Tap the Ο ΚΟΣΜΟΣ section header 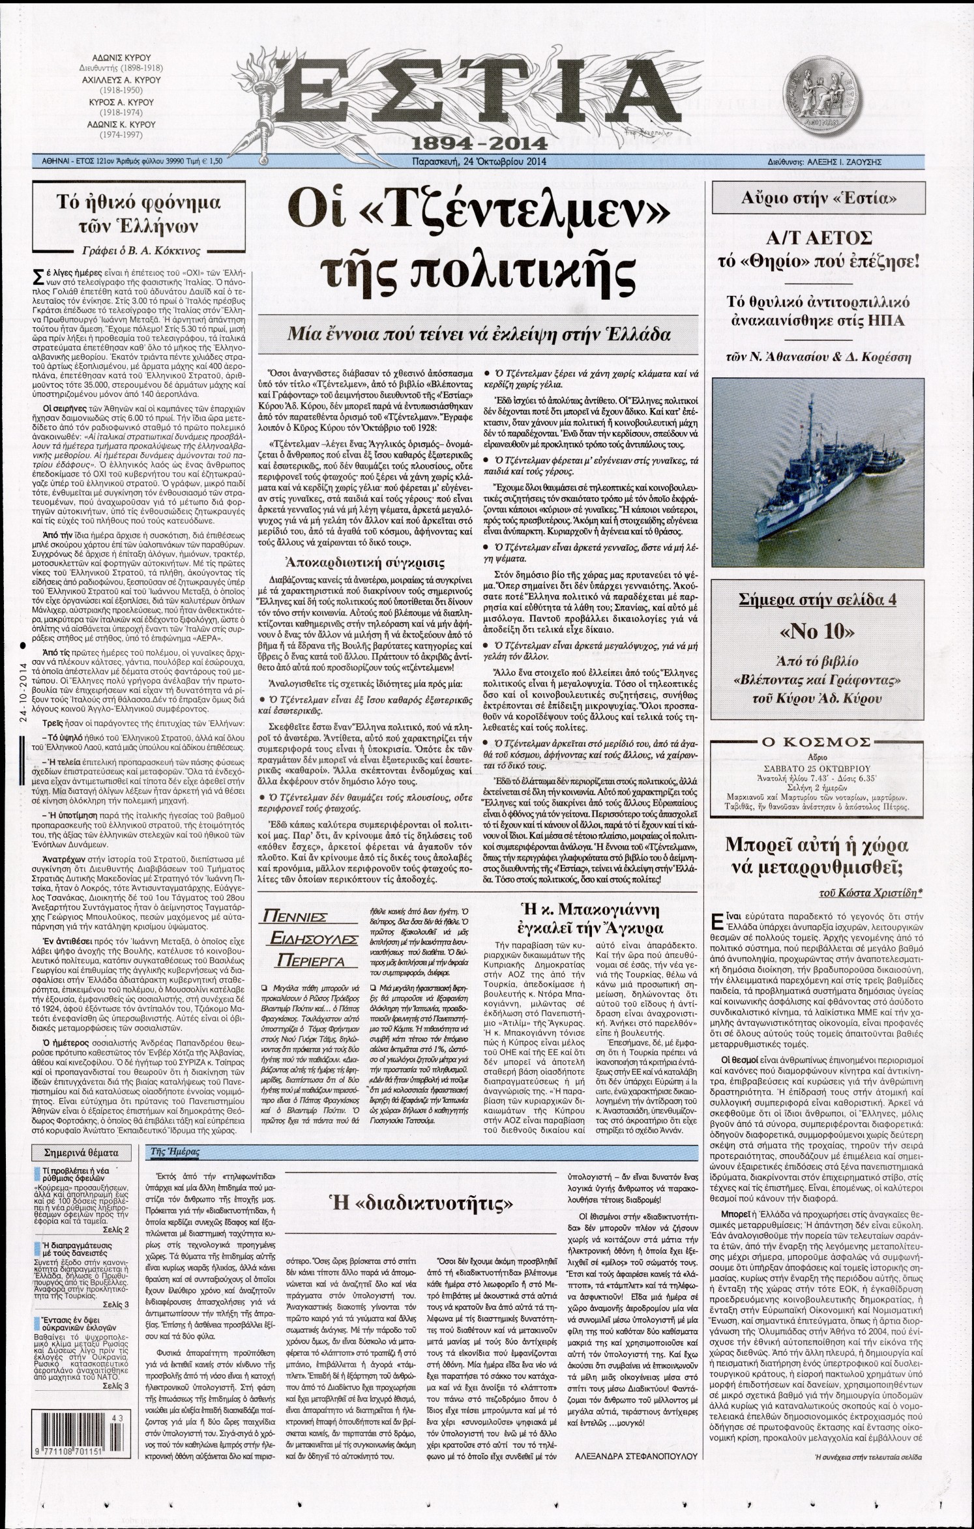823,742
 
